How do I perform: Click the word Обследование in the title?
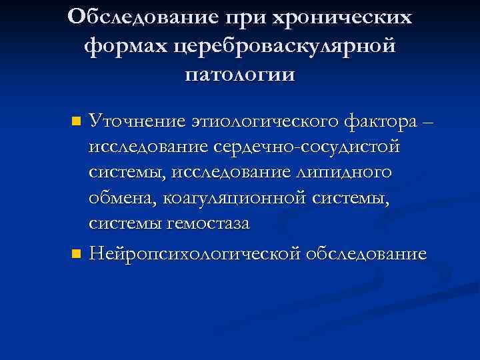tap(137, 17)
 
